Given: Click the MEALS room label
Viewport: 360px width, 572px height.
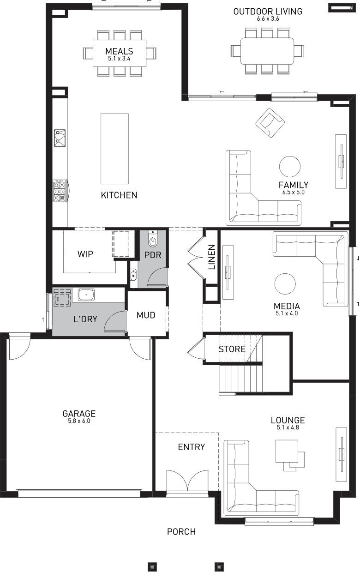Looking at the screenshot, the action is tap(119, 51).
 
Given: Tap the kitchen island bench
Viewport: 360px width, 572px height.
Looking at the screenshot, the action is tap(114, 149).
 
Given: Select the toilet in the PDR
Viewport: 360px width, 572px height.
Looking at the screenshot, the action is tap(153, 239).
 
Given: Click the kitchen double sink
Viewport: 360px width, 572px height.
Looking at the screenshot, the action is tap(60, 138).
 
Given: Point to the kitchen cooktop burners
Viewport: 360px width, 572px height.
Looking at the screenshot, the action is tap(59, 191).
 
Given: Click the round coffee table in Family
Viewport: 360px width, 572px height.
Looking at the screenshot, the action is tap(290, 167).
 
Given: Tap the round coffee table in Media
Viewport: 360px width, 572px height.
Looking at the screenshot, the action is tap(285, 284).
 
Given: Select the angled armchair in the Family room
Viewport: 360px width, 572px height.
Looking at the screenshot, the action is tap(270, 123).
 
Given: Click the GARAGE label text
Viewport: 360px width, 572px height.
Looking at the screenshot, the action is tap(79, 414).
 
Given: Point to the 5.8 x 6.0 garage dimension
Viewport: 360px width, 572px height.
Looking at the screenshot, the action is tap(79, 421).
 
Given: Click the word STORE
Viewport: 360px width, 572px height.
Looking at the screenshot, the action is tap(232, 349).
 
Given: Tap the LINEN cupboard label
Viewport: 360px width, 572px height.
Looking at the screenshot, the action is tap(212, 257).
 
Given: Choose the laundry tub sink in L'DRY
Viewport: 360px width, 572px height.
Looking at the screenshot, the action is tap(86, 295).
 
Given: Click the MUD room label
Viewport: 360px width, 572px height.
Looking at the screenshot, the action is tap(146, 315).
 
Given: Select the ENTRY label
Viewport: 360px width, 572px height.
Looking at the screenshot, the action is tap(192, 447).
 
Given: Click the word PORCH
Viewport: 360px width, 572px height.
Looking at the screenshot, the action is tap(181, 532).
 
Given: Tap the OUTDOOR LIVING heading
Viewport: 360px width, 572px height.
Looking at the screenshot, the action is tap(268, 12).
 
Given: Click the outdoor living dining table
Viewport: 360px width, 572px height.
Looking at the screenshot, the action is tap(267, 51).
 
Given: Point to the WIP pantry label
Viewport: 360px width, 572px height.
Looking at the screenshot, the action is tap(85, 254).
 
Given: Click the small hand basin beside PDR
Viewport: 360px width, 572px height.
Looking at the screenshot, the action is tap(133, 276).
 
